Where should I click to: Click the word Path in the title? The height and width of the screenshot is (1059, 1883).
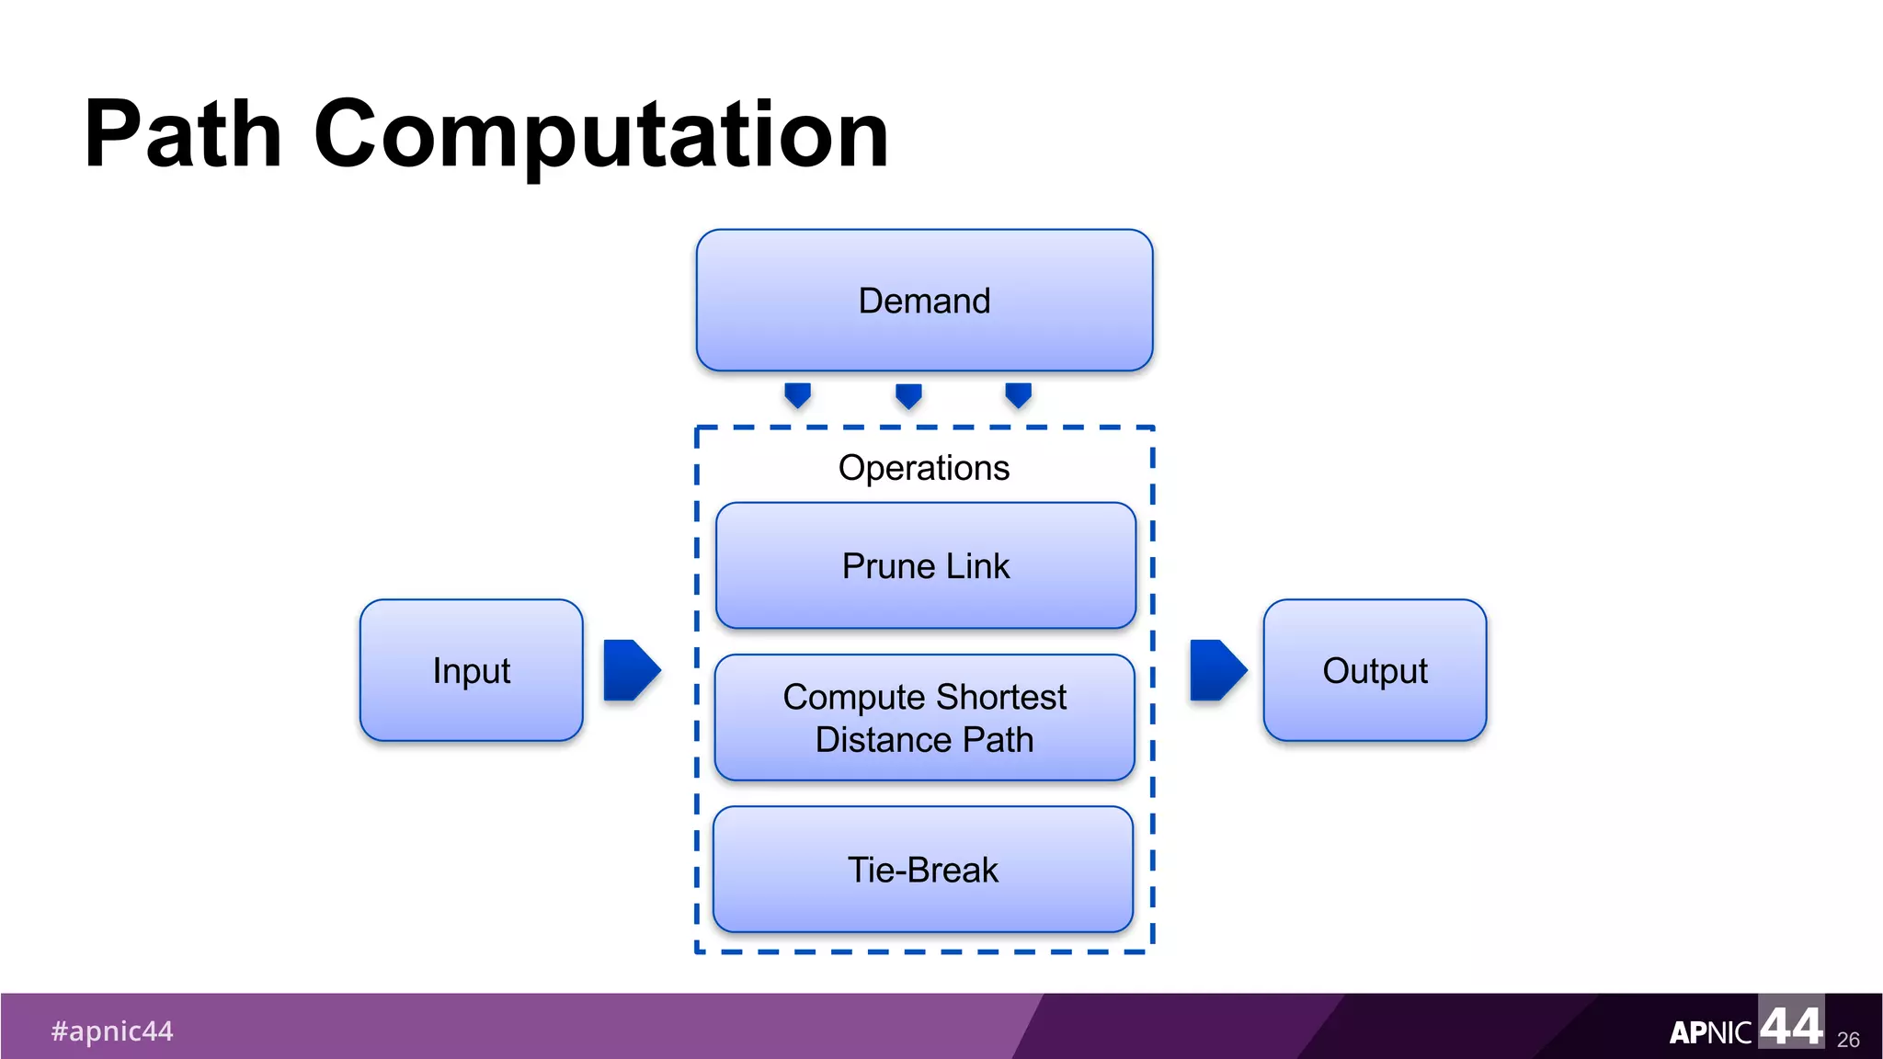pos(182,134)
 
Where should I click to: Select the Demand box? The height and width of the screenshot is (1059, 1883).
pos(924,301)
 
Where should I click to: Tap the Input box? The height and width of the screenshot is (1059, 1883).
pos(471,670)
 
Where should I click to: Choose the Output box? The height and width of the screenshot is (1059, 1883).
pos(1375,670)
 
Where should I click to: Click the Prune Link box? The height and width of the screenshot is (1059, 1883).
pos(925,565)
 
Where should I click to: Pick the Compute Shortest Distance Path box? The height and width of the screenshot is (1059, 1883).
pos(924,718)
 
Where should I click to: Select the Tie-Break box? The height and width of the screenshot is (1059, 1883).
pos(922,870)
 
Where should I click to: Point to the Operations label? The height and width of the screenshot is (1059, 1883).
pos(923,468)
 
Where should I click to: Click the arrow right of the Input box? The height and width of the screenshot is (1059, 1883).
pos(631,670)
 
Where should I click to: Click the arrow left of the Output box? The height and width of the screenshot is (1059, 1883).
pos(1216,670)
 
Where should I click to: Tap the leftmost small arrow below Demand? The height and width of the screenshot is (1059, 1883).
pos(797,395)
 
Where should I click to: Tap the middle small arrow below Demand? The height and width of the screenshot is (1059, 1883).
pos(908,396)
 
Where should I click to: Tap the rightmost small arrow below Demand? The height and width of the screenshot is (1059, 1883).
pos(1018,395)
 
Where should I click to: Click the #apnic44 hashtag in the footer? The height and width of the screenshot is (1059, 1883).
pos(112,1031)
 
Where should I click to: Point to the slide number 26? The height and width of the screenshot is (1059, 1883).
pos(1848,1040)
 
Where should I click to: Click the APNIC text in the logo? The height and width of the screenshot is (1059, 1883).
pos(1710,1033)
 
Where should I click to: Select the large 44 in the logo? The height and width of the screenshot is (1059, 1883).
pos(1790,1024)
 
